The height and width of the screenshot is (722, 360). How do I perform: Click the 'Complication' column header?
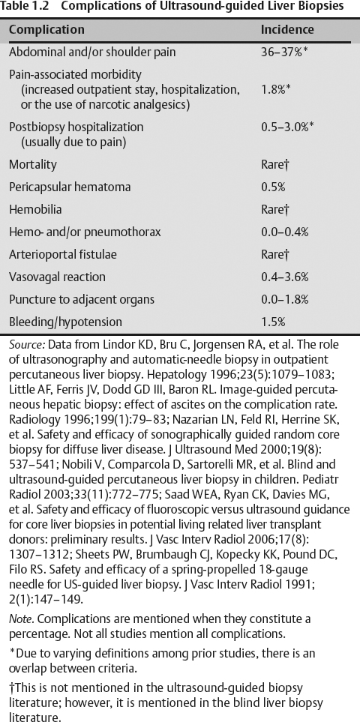point(46,31)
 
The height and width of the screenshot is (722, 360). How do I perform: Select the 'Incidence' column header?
point(287,31)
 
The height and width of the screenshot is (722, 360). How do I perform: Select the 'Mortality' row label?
point(32,164)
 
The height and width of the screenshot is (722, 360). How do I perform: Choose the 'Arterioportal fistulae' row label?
point(62,255)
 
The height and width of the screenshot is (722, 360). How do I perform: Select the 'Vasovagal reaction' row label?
point(55,277)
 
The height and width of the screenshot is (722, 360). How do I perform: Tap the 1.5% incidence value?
point(273,322)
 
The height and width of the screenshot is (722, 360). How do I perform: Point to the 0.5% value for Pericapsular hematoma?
point(273,187)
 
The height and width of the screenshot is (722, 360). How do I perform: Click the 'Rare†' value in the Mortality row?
point(275,164)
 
